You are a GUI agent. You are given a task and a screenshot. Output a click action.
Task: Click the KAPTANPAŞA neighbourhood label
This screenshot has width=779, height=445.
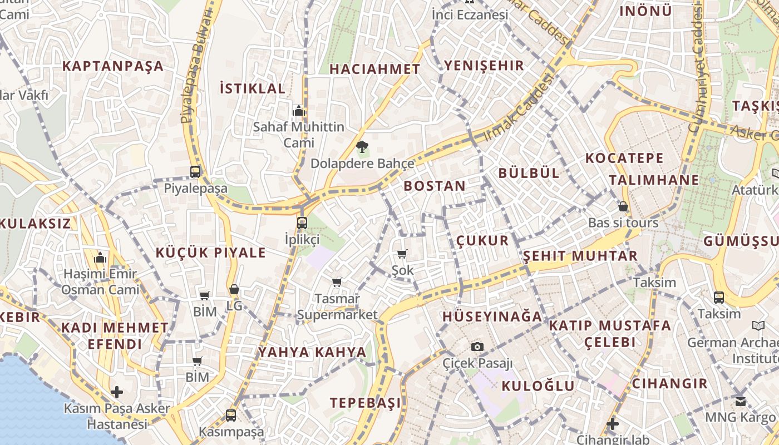pyautogui.click(x=113, y=66)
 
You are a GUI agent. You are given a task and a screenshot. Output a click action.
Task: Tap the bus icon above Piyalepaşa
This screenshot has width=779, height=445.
pyautogui.click(x=195, y=171)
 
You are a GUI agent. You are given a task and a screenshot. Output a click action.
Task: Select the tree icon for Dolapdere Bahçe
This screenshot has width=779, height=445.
pyautogui.click(x=362, y=147)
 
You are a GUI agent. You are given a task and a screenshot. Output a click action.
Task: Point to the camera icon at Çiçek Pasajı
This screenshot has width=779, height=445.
pyautogui.click(x=477, y=347)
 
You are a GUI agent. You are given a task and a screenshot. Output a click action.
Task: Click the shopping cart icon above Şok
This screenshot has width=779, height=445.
pyautogui.click(x=402, y=254)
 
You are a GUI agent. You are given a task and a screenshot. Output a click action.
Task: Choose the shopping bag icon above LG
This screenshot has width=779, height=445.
pyautogui.click(x=234, y=289)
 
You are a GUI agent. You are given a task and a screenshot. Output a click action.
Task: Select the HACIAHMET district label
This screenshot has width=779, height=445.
pyautogui.click(x=375, y=70)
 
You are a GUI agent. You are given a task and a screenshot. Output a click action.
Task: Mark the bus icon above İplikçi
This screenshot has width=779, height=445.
pyautogui.click(x=302, y=222)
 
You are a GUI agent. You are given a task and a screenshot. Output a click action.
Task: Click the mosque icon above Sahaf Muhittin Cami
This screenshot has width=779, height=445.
pyautogui.click(x=299, y=110)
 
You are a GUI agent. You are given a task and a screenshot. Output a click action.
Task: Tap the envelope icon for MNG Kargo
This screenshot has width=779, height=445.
pyautogui.click(x=740, y=401)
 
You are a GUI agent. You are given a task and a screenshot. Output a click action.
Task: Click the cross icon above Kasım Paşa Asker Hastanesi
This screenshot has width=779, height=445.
pyautogui.click(x=117, y=392)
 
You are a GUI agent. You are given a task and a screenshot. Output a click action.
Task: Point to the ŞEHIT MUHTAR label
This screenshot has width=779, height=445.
pyautogui.click(x=580, y=256)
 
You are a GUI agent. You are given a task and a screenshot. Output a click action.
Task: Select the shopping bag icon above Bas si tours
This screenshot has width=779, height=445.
pyautogui.click(x=623, y=206)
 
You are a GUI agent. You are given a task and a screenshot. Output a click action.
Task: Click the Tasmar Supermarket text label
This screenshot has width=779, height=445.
pyautogui.click(x=337, y=306)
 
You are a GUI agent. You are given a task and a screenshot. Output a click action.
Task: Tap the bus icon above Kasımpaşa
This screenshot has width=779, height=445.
pyautogui.click(x=231, y=415)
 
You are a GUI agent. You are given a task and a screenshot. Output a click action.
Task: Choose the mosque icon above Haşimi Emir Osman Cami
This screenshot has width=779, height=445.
pyautogui.click(x=101, y=258)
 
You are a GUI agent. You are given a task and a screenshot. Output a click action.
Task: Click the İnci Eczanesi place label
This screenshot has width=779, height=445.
pyautogui.click(x=470, y=14)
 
